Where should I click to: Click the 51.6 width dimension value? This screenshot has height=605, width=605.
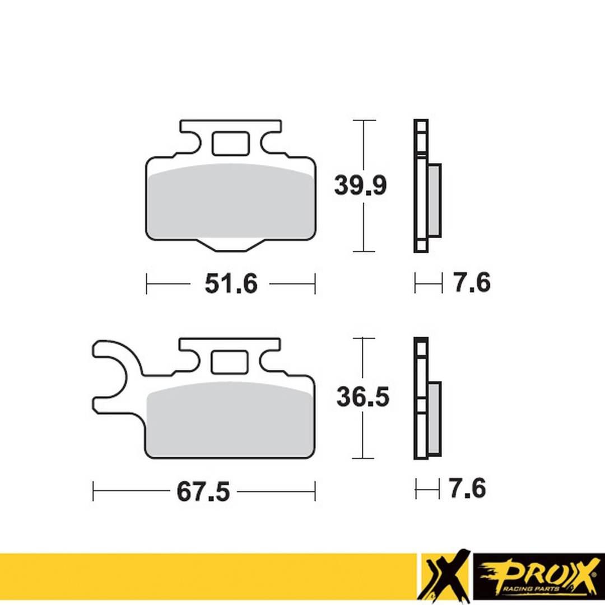[230, 284]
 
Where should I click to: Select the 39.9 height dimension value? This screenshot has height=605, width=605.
[360, 185]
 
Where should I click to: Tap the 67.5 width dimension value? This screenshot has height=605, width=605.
[203, 492]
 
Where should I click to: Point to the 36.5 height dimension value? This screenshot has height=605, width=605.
[362, 397]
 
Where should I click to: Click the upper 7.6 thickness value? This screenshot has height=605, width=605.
[472, 283]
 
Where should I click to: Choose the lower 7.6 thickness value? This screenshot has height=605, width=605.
[467, 488]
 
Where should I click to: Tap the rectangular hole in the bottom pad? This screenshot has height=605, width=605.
[229, 361]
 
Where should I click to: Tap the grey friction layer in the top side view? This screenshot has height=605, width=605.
[434, 200]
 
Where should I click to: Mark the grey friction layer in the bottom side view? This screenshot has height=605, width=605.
[435, 418]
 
